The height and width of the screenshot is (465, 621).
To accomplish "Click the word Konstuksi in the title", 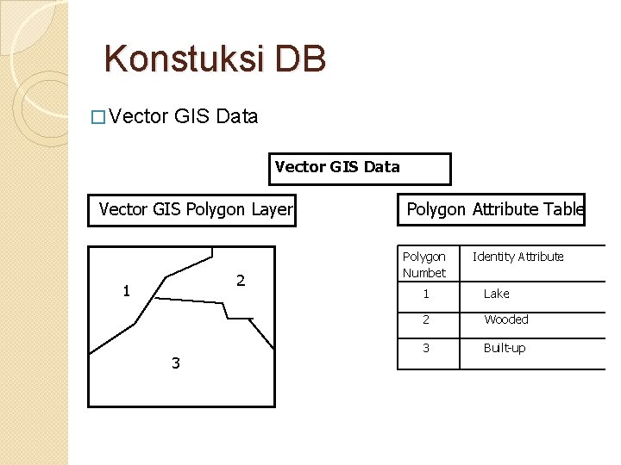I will coord(184,59).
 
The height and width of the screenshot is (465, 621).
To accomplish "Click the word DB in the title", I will coord(302,59).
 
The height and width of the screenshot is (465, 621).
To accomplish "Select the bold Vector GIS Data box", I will coord(360,169).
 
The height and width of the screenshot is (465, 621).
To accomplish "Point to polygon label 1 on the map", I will coord(126,291).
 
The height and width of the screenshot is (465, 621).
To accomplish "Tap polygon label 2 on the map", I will coord(241,281).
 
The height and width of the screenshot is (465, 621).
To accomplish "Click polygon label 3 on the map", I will coord(176,363).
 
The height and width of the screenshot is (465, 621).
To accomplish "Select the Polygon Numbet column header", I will coord(424,264).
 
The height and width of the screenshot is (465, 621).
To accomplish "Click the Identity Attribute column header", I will coord(517,257).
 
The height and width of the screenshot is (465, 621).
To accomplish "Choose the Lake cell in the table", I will coord(496,294).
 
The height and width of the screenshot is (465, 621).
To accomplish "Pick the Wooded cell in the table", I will coord(506,319).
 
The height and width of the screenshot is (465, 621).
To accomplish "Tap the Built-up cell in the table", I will coord(505,348).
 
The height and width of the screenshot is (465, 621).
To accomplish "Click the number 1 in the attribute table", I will coord(425,294).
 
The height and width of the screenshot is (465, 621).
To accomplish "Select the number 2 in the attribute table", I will coord(425,319).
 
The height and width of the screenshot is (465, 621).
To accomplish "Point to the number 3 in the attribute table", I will coord(425,348).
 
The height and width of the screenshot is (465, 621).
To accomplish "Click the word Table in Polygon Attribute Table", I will coord(564,209).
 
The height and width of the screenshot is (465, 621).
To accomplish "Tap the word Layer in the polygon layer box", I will coord(272,209).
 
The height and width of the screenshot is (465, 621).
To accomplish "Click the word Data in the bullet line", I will coord(237,117).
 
